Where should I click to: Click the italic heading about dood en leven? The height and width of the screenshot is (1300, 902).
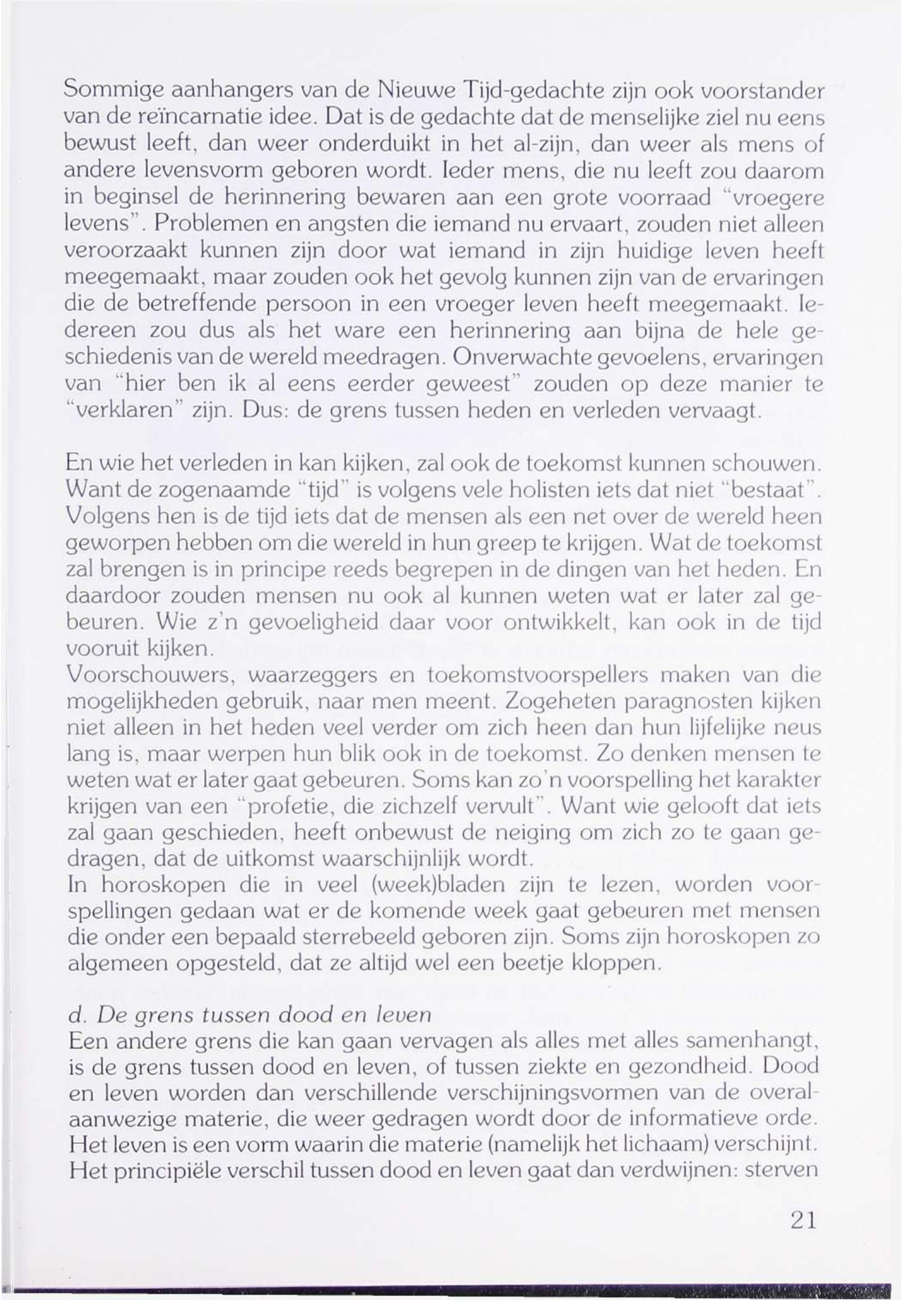(249, 1018)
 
